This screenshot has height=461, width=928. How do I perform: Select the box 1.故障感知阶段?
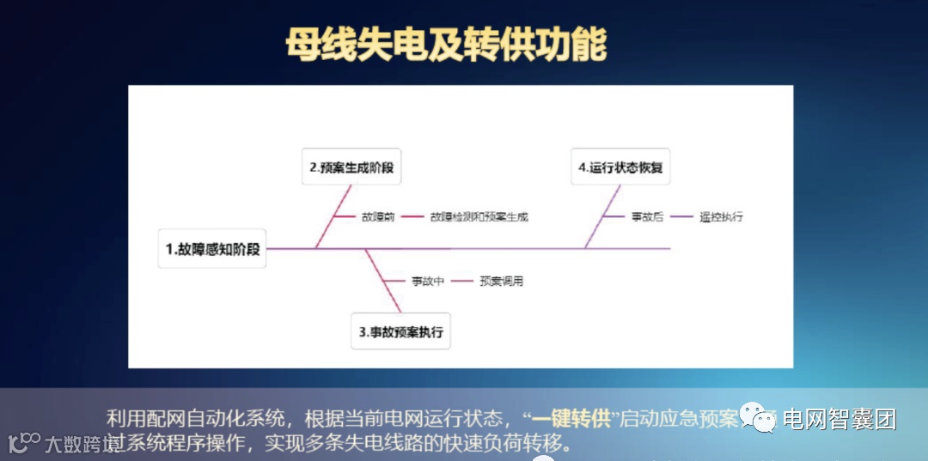coord(212,249)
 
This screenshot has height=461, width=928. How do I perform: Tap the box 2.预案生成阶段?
coord(352,167)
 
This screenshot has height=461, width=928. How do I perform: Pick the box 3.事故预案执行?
coord(401,331)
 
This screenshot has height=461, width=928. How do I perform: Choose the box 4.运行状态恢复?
coord(620,167)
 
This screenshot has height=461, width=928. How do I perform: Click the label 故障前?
coord(378,217)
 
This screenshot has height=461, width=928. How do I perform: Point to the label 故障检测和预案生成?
coord(479,217)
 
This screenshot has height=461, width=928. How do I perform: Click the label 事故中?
coord(427,281)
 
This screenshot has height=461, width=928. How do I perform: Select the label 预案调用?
coord(501,281)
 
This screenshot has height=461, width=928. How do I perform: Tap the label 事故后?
coord(647,217)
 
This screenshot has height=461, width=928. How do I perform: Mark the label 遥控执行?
coord(721,217)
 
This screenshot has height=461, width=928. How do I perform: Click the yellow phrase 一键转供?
coord(571,419)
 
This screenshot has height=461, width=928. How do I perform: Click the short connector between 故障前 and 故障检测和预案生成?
coord(412,217)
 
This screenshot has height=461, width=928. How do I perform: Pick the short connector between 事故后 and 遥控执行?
coord(682,217)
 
